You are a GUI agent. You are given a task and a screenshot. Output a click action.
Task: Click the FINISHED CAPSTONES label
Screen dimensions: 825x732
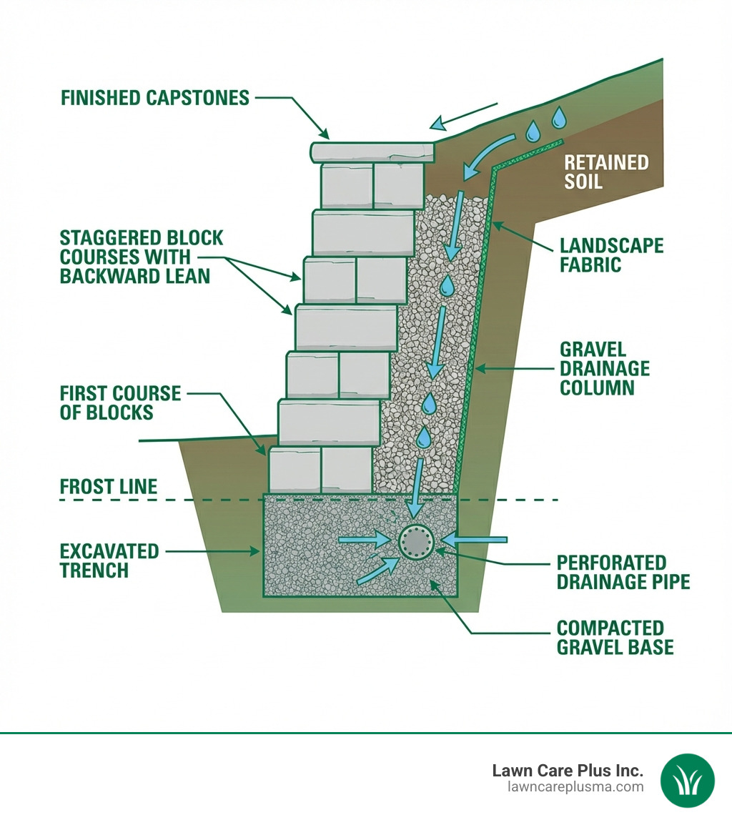[x=155, y=97]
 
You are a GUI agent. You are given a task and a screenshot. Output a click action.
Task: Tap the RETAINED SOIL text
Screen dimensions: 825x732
[x=606, y=172]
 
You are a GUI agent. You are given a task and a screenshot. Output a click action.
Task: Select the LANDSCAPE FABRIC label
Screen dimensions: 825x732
[x=611, y=255]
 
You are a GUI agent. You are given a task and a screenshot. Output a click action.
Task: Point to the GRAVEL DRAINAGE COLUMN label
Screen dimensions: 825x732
[x=605, y=368]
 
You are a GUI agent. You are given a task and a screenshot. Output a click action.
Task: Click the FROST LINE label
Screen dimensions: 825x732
[x=109, y=488]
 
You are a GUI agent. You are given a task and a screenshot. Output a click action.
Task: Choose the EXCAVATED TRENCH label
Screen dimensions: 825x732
[x=109, y=560]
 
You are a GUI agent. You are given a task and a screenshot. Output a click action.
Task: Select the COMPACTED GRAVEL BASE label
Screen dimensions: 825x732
[x=615, y=638]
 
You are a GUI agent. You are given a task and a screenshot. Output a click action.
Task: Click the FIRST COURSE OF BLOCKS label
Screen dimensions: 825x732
[x=119, y=402]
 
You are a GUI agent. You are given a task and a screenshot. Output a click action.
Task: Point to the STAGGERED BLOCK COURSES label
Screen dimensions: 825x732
[x=142, y=257]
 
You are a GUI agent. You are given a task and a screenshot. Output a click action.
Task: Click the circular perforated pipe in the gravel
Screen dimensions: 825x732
[x=416, y=540]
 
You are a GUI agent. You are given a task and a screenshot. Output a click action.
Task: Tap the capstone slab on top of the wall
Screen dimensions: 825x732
[x=373, y=152]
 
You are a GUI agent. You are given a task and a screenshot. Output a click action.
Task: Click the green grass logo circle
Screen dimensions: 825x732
[x=687, y=780]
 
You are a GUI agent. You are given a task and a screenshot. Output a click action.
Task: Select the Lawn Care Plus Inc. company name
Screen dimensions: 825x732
[x=568, y=771]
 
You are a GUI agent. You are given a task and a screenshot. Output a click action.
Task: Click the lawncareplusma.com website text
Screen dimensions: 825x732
[x=575, y=787]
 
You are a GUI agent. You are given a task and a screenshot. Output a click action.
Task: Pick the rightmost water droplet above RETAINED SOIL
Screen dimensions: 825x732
[x=559, y=118]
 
